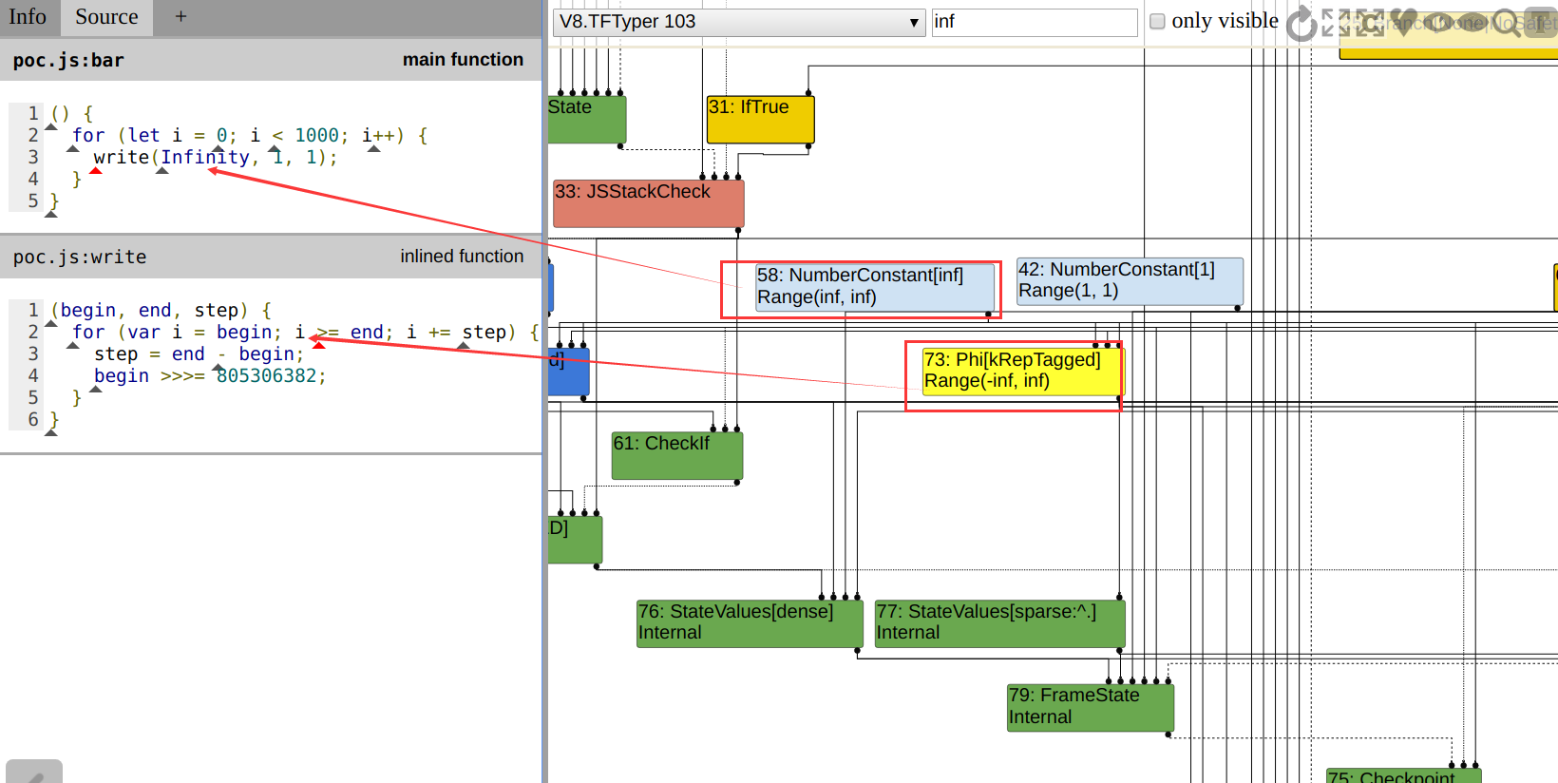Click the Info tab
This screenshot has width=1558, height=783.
coord(28,17)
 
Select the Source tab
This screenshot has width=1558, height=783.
coord(106,17)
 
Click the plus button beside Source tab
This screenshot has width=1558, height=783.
coord(180,17)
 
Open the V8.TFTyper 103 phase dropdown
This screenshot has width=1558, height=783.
coord(738,22)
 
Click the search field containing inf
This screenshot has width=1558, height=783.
coord(1034,22)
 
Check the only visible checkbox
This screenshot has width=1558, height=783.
coord(1157,21)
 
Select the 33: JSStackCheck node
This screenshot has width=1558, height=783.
coord(648,203)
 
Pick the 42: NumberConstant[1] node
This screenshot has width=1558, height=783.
coord(1129,281)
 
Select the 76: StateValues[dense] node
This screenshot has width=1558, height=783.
coord(749,623)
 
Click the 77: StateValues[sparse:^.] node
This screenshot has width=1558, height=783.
coord(999,623)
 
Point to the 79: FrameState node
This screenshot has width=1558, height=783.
coord(1090,707)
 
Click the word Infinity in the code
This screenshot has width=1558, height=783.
coord(205,158)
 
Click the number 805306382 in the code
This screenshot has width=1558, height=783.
coord(267,376)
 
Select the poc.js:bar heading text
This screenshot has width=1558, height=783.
coord(68,61)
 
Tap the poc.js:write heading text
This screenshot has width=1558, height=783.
coord(80,258)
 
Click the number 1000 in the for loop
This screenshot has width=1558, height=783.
coord(316,136)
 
